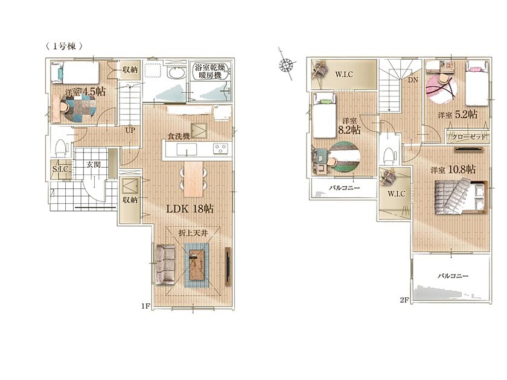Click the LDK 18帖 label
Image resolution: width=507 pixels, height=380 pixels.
point(190,209)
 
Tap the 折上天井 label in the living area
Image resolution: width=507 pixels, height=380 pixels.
point(193,233)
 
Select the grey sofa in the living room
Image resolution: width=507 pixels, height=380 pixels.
point(165,265)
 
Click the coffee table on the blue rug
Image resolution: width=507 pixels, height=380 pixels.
point(197,265)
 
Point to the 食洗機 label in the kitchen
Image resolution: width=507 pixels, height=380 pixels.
point(178,136)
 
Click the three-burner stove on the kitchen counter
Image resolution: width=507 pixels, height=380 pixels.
point(220,148)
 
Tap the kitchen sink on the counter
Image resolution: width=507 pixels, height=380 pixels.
point(187,149)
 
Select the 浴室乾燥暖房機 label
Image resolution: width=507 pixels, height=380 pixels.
point(209,71)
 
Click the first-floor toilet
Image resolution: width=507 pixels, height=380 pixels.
point(61,148)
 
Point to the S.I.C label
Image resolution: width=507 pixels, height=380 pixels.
point(61,169)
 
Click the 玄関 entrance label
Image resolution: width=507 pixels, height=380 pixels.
point(93,165)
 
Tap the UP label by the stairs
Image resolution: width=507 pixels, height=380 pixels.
point(130,131)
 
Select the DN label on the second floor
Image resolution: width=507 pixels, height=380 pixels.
point(413,80)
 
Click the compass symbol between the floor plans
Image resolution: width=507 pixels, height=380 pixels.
point(287,65)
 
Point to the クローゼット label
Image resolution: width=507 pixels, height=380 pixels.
point(468,137)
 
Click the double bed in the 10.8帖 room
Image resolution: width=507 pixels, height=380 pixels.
point(461,197)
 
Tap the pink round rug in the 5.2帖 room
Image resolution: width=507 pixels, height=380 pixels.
point(441,88)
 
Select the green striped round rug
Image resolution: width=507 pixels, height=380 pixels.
point(345,157)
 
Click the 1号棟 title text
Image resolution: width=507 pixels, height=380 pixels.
point(64,46)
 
